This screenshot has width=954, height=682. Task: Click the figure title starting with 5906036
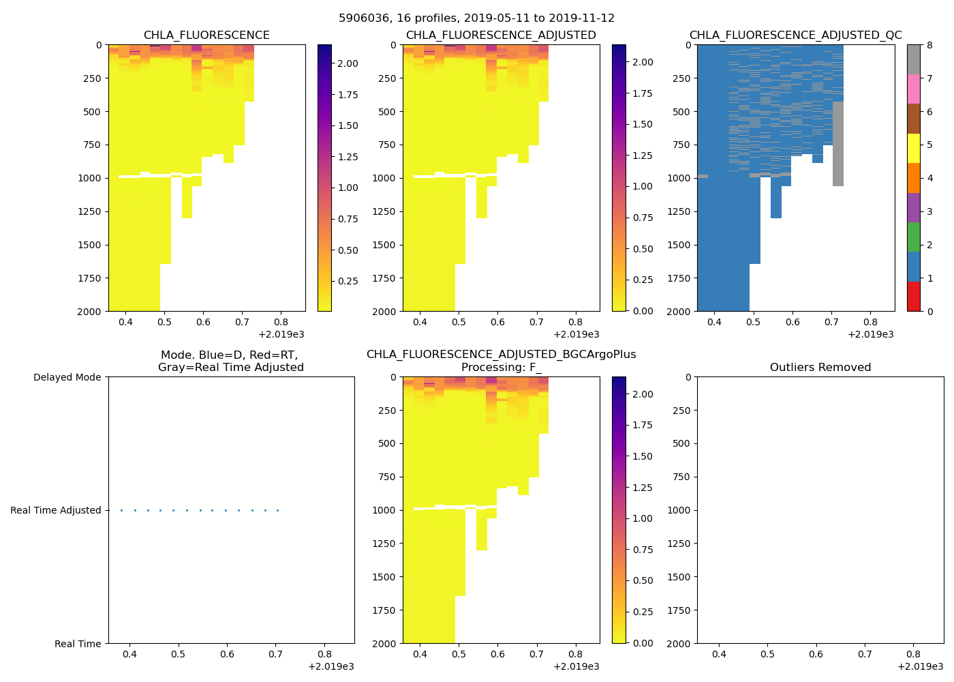tap(476, 18)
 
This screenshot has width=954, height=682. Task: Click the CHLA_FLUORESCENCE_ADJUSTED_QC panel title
tap(795, 35)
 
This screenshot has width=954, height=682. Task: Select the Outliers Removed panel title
tap(820, 368)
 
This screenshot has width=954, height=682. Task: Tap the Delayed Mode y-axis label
tap(67, 377)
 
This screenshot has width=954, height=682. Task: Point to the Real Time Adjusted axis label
tap(55, 510)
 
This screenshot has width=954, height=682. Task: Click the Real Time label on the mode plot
tap(78, 644)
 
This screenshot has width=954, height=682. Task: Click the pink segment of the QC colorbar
tap(914, 89)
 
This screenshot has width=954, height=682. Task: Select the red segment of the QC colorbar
tap(914, 297)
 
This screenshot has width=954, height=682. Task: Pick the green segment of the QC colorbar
tap(914, 237)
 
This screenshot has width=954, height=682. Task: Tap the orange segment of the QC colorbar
tap(914, 178)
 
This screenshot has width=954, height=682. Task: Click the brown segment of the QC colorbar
tap(914, 119)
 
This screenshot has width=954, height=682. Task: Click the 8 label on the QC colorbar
tap(929, 45)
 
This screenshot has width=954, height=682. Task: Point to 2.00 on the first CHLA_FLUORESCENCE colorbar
tap(348, 63)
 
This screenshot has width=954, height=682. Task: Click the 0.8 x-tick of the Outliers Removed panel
tap(914, 654)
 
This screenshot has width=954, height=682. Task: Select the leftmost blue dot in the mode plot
tap(121, 510)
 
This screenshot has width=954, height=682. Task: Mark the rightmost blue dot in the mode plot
tap(277, 510)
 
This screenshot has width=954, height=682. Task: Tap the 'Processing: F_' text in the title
tap(501, 368)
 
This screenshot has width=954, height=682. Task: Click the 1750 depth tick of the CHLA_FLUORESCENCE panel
tap(89, 278)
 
